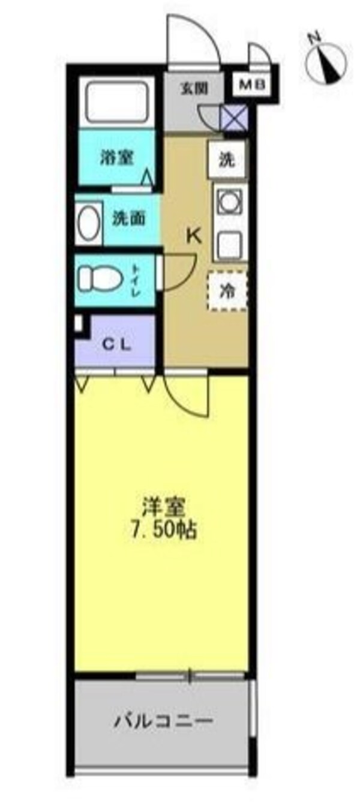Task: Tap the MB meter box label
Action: (255, 85)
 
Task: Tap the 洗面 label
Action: (129, 219)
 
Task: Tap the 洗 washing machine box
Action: (226, 160)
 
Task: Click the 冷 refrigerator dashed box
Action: (227, 290)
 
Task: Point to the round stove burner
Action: (227, 202)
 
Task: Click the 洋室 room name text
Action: (163, 506)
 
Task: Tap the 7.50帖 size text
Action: (163, 530)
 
